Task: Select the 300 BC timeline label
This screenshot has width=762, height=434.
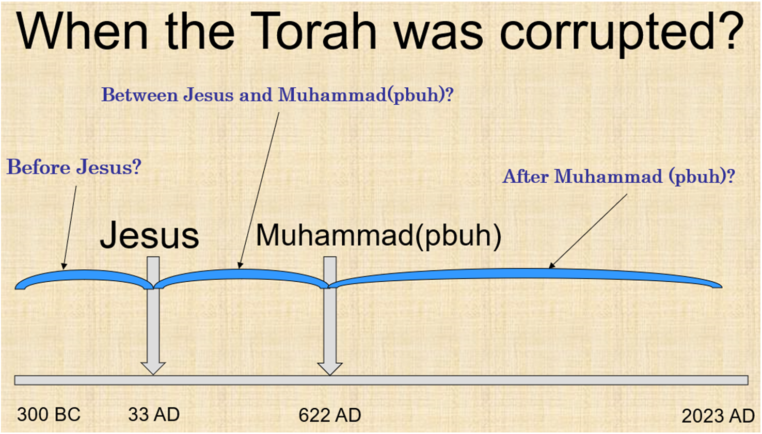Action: pyautogui.click(x=49, y=414)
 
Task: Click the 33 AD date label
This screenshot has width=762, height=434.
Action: pyautogui.click(x=154, y=414)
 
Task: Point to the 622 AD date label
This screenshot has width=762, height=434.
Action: pyautogui.click(x=330, y=415)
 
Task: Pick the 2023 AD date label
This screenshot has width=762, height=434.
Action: pyautogui.click(x=718, y=416)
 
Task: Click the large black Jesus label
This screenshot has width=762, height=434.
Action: pyautogui.click(x=149, y=235)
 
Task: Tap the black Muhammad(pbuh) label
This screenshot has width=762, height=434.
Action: pyautogui.click(x=378, y=235)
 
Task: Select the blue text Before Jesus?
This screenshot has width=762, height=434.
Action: pyautogui.click(x=74, y=167)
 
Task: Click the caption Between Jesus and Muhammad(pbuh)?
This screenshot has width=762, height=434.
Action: pyautogui.click(x=278, y=94)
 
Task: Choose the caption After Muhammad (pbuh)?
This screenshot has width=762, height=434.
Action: pyautogui.click(x=619, y=176)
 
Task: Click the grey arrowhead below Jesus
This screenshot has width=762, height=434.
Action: pyautogui.click(x=153, y=368)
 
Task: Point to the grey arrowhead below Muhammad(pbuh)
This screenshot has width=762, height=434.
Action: pyautogui.click(x=330, y=369)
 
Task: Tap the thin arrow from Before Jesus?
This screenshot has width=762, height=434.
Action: pyautogui.click(x=70, y=228)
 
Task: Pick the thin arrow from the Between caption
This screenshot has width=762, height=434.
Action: pyautogui.click(x=259, y=190)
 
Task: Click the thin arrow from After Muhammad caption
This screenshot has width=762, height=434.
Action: pyautogui.click(x=588, y=231)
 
